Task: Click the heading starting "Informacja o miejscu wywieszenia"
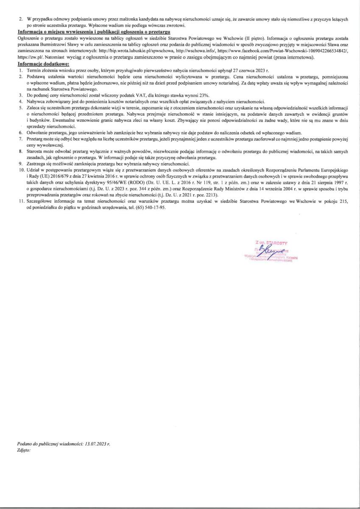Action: (94, 32)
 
